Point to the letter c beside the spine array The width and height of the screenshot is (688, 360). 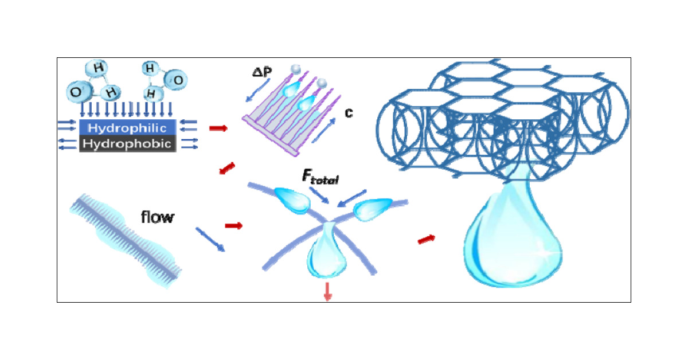tap(348, 112)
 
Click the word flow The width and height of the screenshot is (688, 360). tap(157, 217)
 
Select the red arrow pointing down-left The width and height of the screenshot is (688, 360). tap(226, 169)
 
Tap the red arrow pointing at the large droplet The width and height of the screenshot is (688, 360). tap(425, 238)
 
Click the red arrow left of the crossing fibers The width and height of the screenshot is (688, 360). tap(233, 225)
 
